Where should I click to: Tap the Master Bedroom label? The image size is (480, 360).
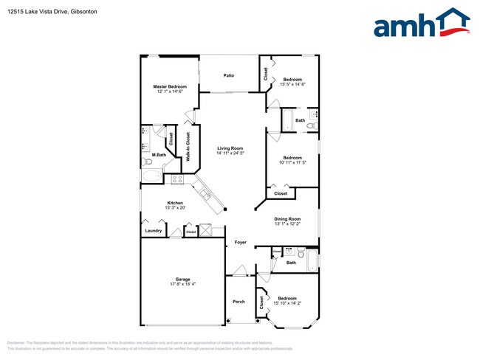[170, 87]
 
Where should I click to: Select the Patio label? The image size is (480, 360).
[229, 75]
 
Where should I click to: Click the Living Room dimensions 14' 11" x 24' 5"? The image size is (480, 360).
[230, 153]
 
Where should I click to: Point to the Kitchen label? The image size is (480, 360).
[175, 203]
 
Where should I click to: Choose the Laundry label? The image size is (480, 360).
[153, 231]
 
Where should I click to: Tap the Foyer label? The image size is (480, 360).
[241, 242]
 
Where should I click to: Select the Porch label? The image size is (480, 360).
[239, 301]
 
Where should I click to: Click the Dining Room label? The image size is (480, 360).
[288, 218]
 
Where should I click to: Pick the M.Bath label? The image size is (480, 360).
[148, 154]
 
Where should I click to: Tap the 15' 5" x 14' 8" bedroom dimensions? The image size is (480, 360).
[293, 84]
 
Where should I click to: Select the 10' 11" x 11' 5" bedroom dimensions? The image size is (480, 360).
[292, 162]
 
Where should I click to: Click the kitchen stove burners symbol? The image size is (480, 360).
[177, 179]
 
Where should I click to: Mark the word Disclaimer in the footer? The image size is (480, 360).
[16, 343]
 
